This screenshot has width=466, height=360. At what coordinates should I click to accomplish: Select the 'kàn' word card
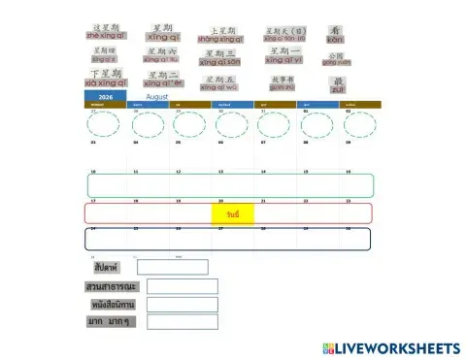click(336, 34)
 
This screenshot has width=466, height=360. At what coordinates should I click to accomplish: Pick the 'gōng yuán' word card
click(336, 58)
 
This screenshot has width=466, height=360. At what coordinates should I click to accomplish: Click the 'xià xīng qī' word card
click(106, 78)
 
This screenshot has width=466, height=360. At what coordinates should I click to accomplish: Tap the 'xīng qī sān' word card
click(219, 57)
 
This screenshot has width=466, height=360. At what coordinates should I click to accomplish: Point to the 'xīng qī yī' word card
click(283, 55)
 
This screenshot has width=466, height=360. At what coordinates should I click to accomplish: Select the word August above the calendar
click(157, 97)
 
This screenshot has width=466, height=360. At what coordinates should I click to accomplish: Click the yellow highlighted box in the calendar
click(233, 213)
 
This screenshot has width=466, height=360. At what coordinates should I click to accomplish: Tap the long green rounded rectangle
click(230, 185)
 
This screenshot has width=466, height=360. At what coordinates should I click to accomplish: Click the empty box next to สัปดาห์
click(172, 267)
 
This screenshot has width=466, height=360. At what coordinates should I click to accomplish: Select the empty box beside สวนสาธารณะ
click(181, 286)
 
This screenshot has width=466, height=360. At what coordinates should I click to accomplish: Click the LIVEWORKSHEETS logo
click(387, 347)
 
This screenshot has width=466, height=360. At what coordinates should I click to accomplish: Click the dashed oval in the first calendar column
click(106, 124)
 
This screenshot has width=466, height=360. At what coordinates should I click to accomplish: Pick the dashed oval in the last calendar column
click(358, 124)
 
